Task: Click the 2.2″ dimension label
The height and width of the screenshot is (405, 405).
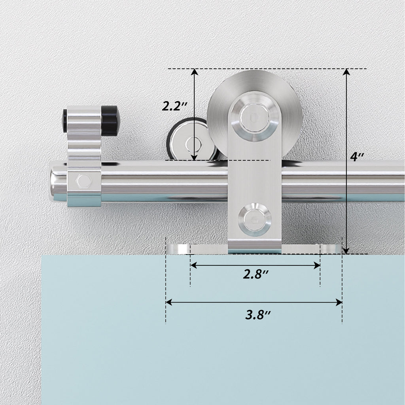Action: pos(174,106)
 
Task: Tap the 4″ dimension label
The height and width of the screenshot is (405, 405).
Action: pos(357,157)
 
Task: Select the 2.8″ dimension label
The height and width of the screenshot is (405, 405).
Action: pos(256,274)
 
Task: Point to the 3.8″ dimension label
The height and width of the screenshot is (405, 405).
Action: pos(257,315)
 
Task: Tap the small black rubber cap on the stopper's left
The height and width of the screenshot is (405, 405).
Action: pos(64,121)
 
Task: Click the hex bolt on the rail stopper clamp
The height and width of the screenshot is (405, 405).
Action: pos(84,181)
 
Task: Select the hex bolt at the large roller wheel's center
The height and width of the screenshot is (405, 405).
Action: pos(255,118)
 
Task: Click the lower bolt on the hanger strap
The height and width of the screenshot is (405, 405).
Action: pos(255,220)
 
